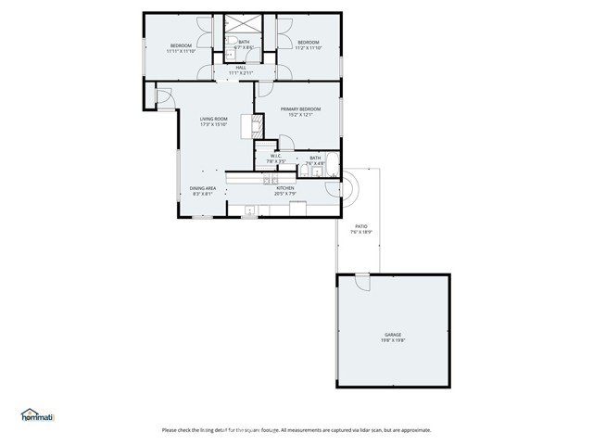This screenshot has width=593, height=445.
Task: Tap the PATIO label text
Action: [360, 225]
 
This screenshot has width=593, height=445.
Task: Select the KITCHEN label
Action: [284, 188]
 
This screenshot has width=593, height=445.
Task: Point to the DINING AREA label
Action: [203, 188]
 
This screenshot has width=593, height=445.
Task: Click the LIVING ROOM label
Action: [214, 119]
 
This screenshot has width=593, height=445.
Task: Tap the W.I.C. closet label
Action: [275, 156]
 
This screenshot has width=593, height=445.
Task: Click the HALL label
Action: [240, 67]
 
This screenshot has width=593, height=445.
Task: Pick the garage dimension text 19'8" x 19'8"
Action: [393, 340]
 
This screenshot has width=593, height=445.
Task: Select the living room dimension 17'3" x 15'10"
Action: [214, 125]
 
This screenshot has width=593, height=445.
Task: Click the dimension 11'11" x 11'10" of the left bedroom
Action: [180, 52]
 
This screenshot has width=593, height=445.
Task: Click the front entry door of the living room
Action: [163, 96]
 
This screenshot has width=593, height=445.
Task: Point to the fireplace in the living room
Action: [248, 125]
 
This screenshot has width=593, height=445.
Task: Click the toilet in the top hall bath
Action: [229, 43]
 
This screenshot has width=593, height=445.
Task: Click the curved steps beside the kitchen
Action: [354, 188]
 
